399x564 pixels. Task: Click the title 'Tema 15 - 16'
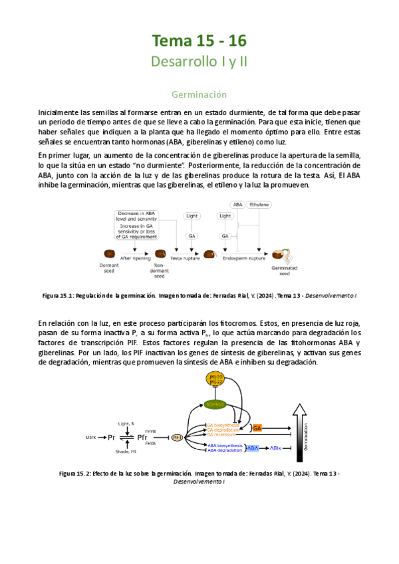[x=199, y=41]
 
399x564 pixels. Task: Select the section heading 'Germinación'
[x=199, y=94]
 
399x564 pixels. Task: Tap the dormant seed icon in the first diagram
[x=110, y=254]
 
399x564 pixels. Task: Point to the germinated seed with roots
[x=279, y=254]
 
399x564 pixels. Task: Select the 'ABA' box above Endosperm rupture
[x=237, y=204]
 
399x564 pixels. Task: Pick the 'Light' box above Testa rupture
[x=192, y=216]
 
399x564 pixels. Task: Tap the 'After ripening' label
[x=136, y=258]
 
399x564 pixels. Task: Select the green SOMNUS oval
[x=215, y=404]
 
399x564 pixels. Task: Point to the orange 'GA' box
[x=257, y=427]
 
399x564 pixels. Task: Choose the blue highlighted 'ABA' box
[x=253, y=448]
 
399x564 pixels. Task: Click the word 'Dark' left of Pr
[x=91, y=437]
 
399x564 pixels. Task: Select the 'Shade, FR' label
[x=126, y=452]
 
